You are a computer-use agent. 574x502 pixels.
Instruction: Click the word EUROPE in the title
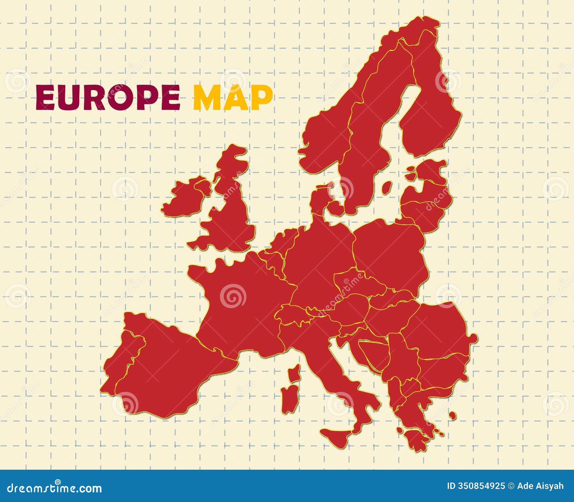(108, 97)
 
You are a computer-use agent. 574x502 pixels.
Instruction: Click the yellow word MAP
(233, 97)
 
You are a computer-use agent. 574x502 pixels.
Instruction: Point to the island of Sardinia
(290, 399)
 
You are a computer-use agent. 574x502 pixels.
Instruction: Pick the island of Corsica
(295, 373)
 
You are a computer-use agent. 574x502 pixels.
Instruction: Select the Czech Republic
(355, 283)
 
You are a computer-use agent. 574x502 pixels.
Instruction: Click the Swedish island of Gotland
(386, 187)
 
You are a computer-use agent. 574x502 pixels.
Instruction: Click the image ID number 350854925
(481, 486)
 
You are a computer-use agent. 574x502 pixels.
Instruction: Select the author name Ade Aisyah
(540, 486)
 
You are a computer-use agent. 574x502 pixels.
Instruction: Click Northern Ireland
(203, 187)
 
